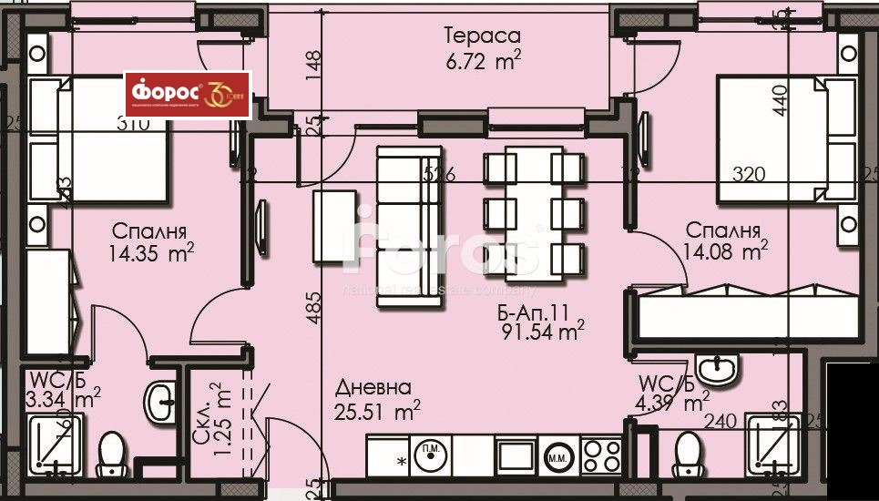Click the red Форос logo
point(187,95)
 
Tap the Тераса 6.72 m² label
point(482,48)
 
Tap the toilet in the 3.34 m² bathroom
point(111,453)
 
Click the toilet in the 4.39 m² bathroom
point(689,454)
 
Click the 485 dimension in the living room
point(313,309)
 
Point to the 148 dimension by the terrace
point(312,63)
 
